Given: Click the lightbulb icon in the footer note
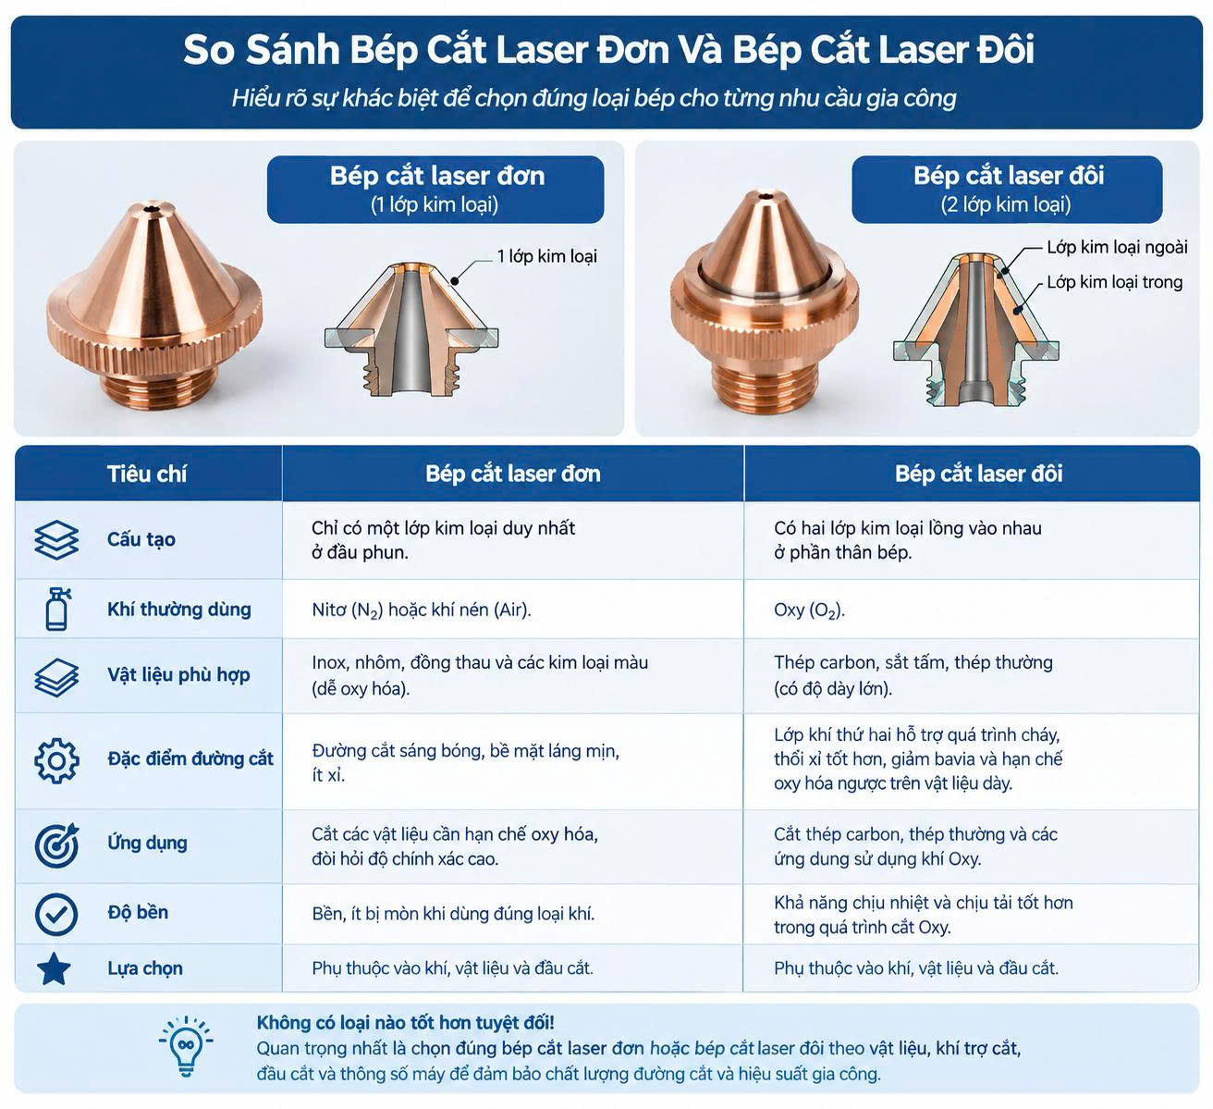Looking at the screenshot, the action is pos(186,1047).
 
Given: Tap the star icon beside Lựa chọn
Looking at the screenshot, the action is pos(55,968).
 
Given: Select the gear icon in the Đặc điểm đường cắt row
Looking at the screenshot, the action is pos(56,760).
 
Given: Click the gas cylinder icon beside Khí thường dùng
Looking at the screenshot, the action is pos(57,609).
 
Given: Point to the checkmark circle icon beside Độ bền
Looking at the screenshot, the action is pos(56,914).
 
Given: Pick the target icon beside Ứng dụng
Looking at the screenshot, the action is pos(56,844).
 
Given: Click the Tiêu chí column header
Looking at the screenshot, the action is pos(147,474).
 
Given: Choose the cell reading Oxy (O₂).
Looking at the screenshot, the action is pos(809,610).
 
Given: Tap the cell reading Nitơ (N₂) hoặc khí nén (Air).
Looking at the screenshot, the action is pos(422,610).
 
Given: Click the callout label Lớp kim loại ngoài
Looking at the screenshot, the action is pos(1118,247).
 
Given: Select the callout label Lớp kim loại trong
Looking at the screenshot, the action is pos(1114,282).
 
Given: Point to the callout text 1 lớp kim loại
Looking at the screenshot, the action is pos(546,256).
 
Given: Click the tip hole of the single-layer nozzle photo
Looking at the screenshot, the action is pos(150,210).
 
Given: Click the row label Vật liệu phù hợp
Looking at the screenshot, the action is pos(178,675).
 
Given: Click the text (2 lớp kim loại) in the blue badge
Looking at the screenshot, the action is pos(1006,205).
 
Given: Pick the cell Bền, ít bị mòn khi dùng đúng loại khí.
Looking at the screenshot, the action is pos(453,914).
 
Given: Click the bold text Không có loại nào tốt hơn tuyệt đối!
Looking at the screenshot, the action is pos(405,1023).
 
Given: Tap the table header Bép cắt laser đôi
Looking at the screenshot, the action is pos(978,474).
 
